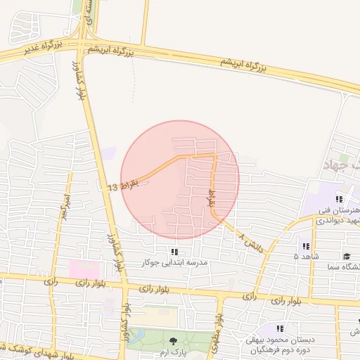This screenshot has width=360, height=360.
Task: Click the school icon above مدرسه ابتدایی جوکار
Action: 174,252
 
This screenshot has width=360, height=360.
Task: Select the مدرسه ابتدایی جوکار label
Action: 173,263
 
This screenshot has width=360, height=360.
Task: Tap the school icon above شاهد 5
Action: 306,246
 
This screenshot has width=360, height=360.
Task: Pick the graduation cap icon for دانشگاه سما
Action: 346,256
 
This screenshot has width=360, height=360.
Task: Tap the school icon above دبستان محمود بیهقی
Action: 280,328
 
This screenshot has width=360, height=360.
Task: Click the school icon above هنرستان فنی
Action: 339,199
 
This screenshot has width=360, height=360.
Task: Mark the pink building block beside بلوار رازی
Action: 84,269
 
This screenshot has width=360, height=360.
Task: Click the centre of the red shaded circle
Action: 180,180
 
